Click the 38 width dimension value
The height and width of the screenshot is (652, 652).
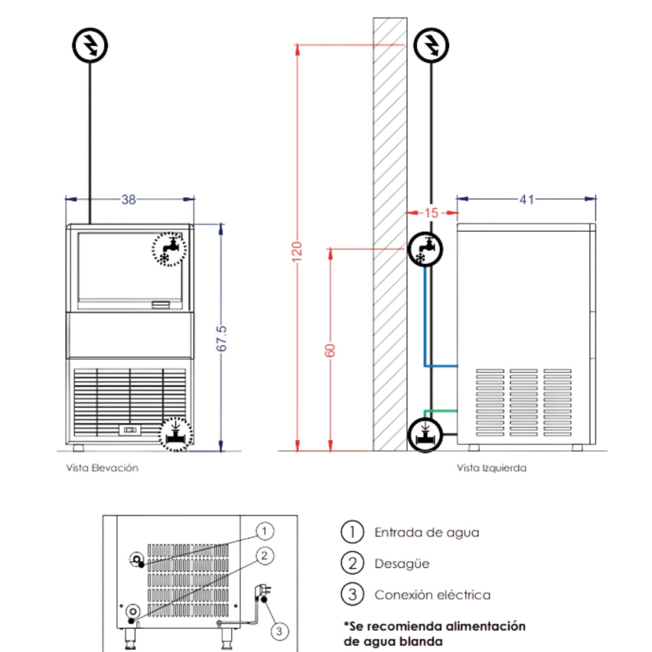(x=128, y=200)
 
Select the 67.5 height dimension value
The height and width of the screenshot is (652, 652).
(x=222, y=339)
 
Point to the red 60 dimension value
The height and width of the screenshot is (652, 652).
(x=330, y=350)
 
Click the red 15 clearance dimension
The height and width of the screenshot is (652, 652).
(x=432, y=213)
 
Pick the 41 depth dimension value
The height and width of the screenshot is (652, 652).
(x=527, y=200)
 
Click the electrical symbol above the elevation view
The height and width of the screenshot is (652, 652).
(x=90, y=46)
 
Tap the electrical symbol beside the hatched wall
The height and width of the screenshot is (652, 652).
(x=431, y=45)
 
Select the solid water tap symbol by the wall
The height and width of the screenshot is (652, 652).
(x=426, y=250)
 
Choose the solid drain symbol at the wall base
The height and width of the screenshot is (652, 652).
(x=425, y=434)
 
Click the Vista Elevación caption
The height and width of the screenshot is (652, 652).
(x=102, y=467)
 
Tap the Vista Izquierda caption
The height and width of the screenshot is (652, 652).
(x=492, y=467)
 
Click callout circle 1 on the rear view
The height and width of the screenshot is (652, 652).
(x=263, y=531)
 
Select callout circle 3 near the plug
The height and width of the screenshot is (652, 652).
(x=279, y=630)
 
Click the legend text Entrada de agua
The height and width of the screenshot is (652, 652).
(x=426, y=532)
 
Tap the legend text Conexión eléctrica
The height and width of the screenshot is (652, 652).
(x=432, y=595)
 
